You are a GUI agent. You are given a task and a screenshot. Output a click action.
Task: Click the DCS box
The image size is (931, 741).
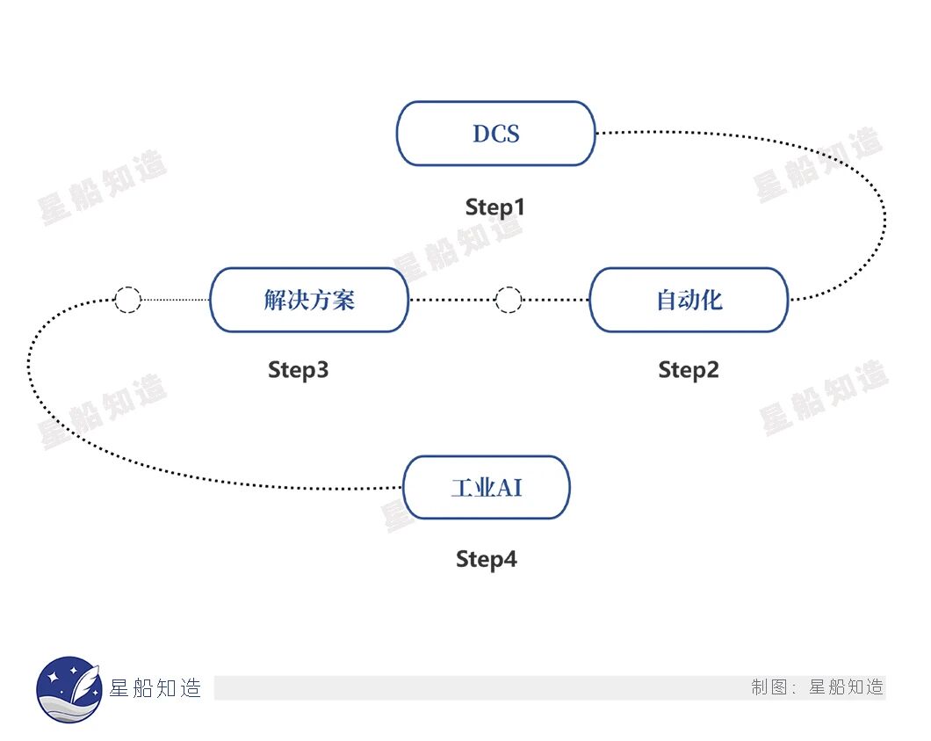(x=496, y=134)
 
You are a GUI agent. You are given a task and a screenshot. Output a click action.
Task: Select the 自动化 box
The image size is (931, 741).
(x=689, y=300)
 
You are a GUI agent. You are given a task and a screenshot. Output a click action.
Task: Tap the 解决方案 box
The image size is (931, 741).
(x=309, y=300)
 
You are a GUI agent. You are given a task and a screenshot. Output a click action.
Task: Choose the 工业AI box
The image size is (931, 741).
(x=487, y=487)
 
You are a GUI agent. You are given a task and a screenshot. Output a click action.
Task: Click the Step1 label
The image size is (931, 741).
(x=494, y=207)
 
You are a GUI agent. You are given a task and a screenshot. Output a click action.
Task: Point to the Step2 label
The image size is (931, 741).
(x=689, y=370)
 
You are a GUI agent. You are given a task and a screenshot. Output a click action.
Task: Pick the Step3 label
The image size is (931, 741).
(x=299, y=370)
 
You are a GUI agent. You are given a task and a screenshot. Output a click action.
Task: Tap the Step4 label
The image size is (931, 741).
(x=487, y=559)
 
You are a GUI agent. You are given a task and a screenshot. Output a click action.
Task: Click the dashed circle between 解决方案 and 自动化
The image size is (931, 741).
(x=509, y=300)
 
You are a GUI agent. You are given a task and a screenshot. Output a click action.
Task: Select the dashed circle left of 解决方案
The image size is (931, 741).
(x=127, y=300)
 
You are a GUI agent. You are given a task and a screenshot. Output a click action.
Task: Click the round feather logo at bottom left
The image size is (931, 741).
(x=69, y=689)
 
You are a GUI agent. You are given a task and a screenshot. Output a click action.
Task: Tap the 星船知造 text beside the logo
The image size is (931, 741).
(x=155, y=688)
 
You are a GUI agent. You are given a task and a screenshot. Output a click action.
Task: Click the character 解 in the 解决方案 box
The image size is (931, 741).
(x=275, y=300)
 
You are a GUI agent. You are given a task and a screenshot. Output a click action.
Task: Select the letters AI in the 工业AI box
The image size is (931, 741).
(x=511, y=487)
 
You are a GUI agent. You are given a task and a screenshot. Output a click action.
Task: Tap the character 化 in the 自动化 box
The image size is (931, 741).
(x=711, y=300)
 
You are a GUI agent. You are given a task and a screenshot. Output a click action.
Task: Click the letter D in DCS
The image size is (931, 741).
(x=480, y=134)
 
